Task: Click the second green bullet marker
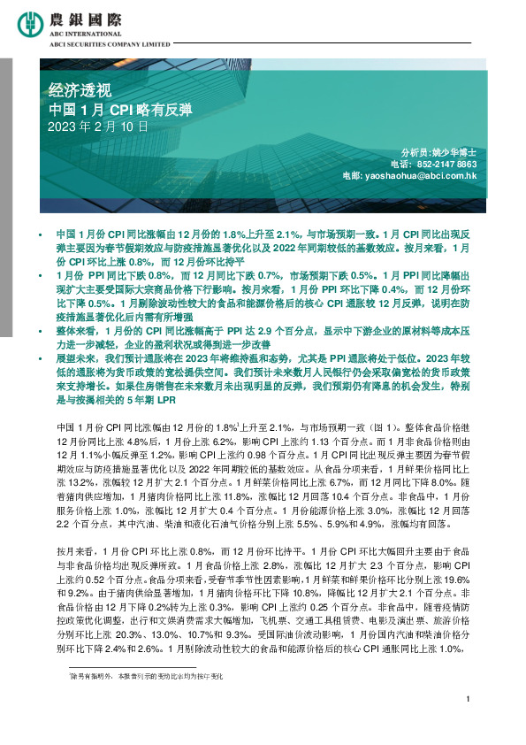[40, 278]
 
